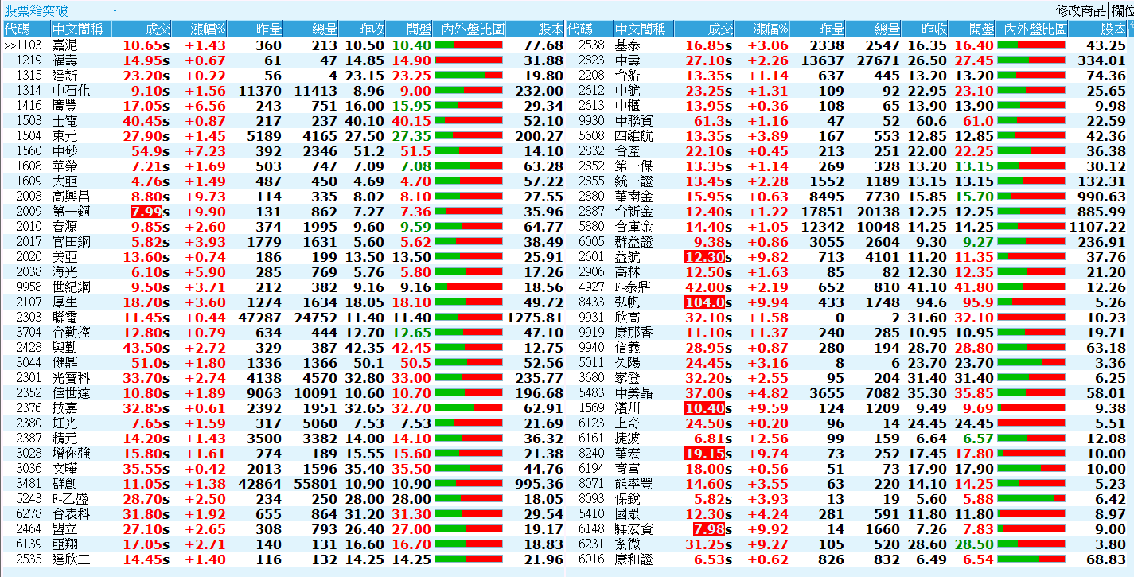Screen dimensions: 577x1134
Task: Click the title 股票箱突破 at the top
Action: pos(37,10)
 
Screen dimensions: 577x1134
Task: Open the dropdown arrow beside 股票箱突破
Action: pos(115,10)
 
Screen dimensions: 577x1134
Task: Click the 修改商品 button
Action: pos(1081,10)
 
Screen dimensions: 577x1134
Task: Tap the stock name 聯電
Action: pos(64,317)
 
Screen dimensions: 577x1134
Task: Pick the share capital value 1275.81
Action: pos(535,317)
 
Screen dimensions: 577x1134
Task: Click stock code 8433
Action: pos(591,302)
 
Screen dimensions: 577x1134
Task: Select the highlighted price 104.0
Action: pos(705,302)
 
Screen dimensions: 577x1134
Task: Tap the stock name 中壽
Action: pos(627,60)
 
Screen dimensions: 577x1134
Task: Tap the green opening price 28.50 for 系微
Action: pos(975,544)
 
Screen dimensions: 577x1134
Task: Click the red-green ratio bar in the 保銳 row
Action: pos(1031,499)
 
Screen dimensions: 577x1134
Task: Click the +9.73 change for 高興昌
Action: pos(206,197)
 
